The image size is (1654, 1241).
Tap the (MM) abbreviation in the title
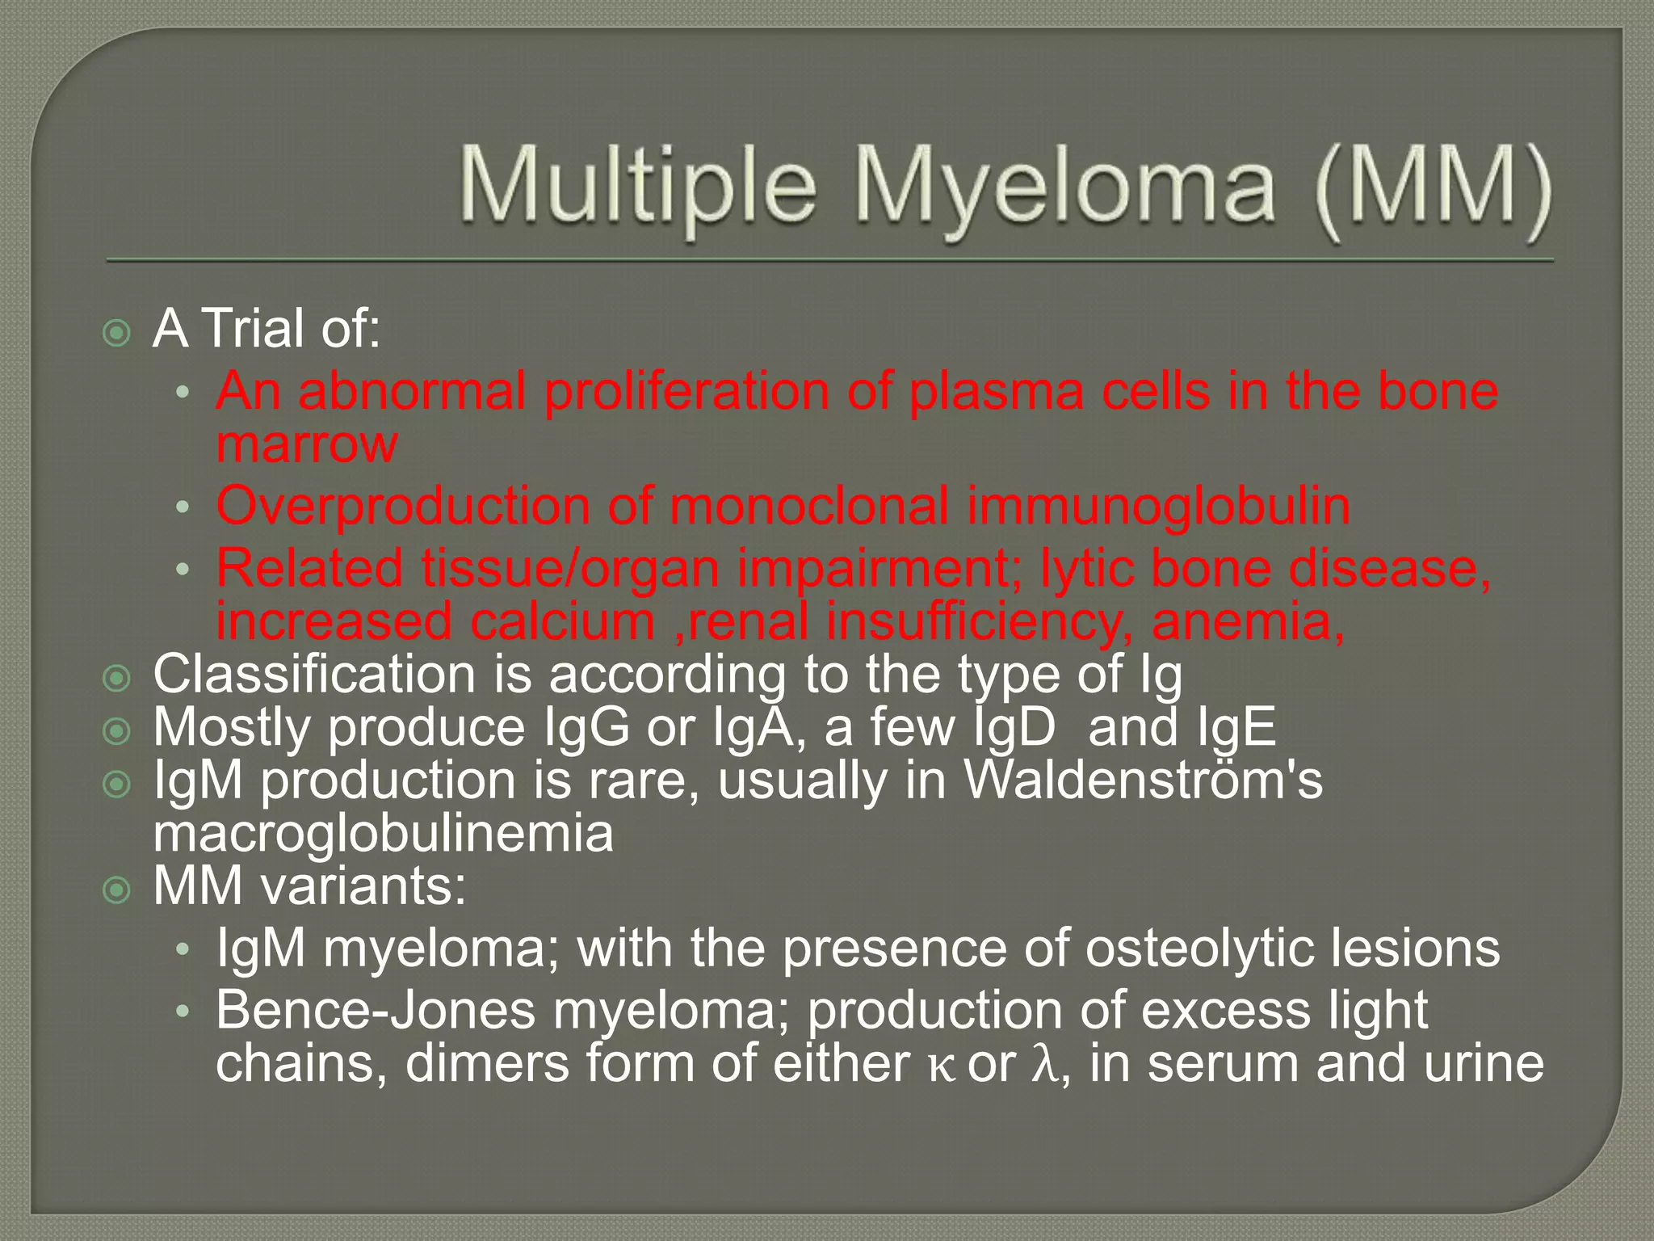coord(1432,188)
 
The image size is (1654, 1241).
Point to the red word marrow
coord(307,444)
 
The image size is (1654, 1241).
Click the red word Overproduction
coord(403,507)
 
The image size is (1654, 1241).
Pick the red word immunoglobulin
coord(1159,507)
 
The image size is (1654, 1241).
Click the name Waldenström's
coord(1144,780)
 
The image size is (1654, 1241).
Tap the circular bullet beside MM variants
coord(118,890)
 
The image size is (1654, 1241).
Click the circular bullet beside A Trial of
coord(118,332)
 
